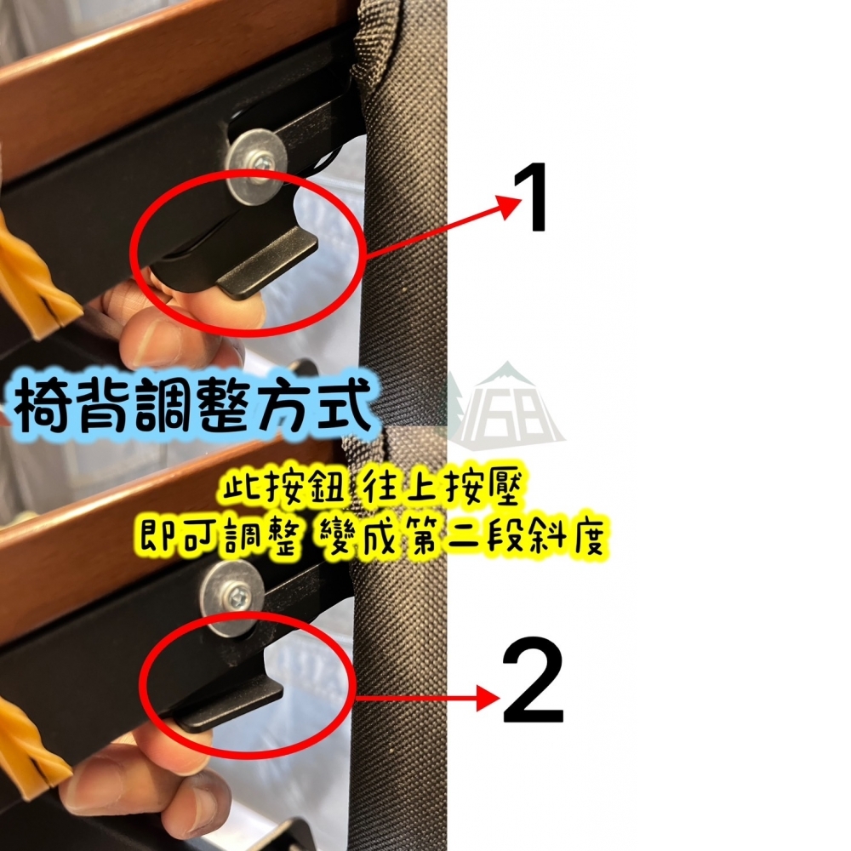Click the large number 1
click(538, 198)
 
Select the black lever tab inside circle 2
click(230, 702)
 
